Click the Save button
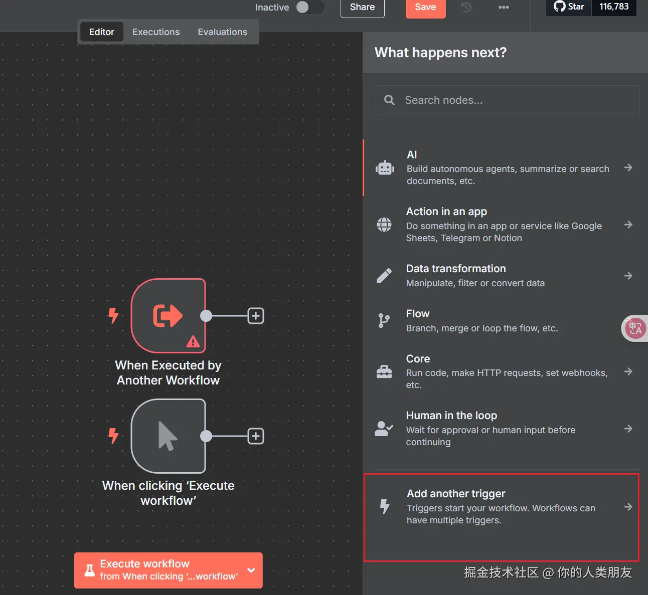pyautogui.click(x=425, y=7)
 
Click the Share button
pyautogui.click(x=362, y=7)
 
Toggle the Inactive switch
pyautogui.click(x=309, y=7)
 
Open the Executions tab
pyautogui.click(x=155, y=32)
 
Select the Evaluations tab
pyautogui.click(x=222, y=32)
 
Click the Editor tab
pyautogui.click(x=102, y=32)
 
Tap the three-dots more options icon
pyautogui.click(x=504, y=7)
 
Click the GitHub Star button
pyautogui.click(x=569, y=7)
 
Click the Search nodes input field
pyautogui.click(x=507, y=100)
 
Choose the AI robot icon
pyautogui.click(x=385, y=168)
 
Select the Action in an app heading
pyautogui.click(x=446, y=212)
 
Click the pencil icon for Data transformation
pyautogui.click(x=384, y=276)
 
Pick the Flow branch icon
pyautogui.click(x=384, y=321)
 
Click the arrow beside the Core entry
pyautogui.click(x=628, y=371)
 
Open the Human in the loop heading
pyautogui.click(x=451, y=416)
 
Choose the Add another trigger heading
pyautogui.click(x=456, y=494)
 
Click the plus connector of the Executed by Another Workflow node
pyautogui.click(x=255, y=316)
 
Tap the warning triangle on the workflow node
pyautogui.click(x=193, y=341)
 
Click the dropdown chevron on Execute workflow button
pyautogui.click(x=251, y=570)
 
